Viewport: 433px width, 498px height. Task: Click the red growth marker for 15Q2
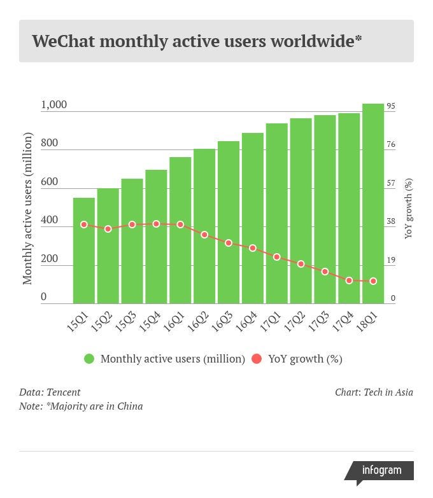pos(108,228)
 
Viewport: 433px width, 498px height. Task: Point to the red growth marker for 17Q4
pos(349,280)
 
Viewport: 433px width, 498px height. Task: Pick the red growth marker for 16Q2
pos(204,235)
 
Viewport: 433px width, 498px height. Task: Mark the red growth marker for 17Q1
pos(277,257)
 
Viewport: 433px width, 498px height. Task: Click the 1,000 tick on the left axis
pos(54,105)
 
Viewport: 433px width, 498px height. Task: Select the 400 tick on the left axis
pos(50,220)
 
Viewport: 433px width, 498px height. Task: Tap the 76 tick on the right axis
pos(391,144)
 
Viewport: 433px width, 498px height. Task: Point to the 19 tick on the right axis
pos(391,259)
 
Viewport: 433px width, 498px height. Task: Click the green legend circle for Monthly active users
pos(89,359)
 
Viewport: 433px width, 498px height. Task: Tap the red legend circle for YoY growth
pos(257,359)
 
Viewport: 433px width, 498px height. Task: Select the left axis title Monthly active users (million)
pos(27,209)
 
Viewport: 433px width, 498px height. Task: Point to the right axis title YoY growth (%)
pos(409,209)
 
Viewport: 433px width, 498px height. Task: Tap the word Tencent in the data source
pos(64,392)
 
